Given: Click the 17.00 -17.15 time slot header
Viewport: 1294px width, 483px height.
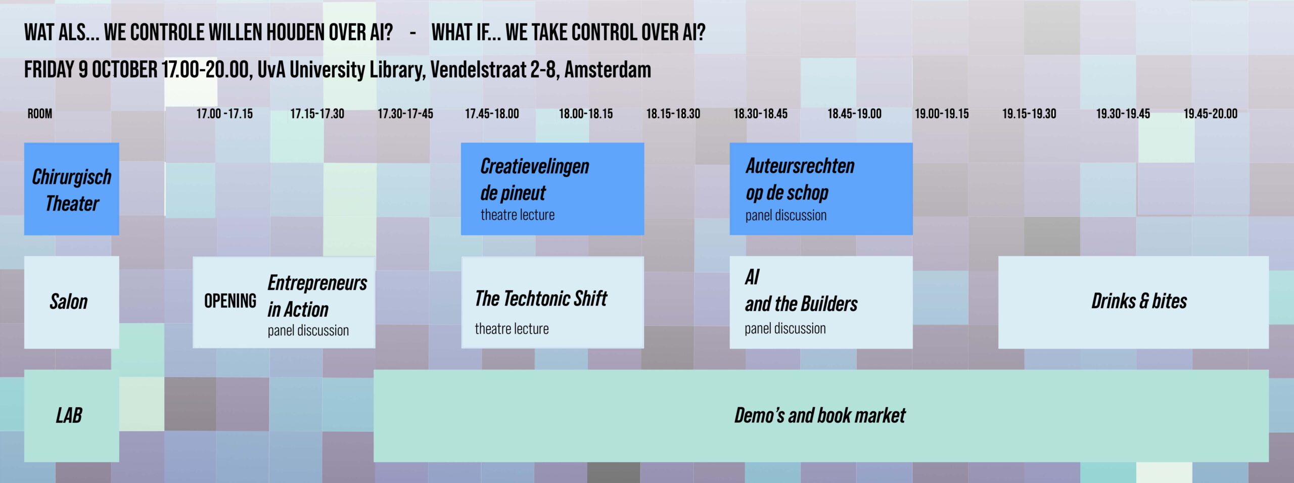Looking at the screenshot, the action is point(224,114).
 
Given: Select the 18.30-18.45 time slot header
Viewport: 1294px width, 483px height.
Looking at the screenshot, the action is point(761,114).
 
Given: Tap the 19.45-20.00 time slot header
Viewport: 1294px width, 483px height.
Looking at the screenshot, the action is point(1211,114).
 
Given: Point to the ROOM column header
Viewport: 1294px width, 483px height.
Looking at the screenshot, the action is point(40,114).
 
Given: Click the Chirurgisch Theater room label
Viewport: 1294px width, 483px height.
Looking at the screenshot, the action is point(72,190).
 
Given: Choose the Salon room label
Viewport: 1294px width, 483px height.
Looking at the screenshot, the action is point(69,302).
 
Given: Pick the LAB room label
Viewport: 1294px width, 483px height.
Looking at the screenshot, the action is point(69,415).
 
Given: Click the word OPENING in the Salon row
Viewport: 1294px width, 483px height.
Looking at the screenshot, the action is point(230,301).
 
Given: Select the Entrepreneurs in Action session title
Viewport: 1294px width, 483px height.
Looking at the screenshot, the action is point(317,296).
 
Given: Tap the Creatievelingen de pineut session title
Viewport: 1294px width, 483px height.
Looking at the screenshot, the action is point(535,179).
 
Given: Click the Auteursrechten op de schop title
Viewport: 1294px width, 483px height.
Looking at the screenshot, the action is point(800,179).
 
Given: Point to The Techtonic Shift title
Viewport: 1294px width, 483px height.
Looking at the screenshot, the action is point(541,299).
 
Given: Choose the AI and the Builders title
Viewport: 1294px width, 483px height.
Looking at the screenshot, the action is point(801,291).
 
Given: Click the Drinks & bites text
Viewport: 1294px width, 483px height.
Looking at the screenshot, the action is point(1139,301).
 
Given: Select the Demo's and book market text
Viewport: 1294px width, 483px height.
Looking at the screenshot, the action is point(820,415).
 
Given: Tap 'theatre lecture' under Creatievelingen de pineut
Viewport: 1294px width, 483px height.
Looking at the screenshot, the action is point(518,215).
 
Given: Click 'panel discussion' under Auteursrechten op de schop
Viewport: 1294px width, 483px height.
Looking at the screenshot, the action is point(786,216).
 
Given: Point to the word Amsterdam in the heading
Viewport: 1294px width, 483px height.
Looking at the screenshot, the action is point(608,69).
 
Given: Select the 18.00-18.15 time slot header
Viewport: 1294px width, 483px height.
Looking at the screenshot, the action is point(586,114).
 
